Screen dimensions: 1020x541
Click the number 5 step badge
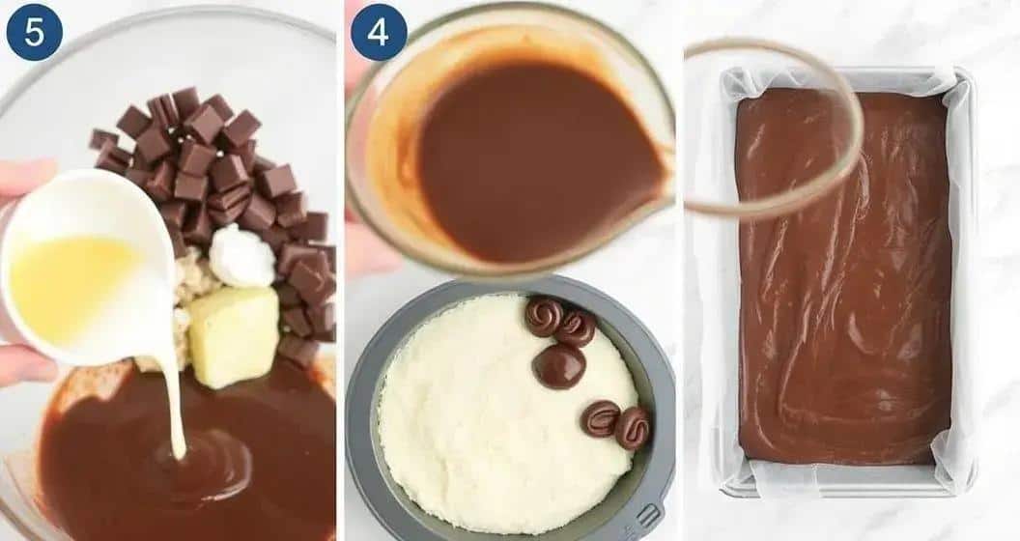[35, 32]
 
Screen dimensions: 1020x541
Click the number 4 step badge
[379, 32]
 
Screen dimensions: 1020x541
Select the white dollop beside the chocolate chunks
[242, 256]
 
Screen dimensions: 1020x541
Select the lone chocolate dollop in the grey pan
[558, 365]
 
